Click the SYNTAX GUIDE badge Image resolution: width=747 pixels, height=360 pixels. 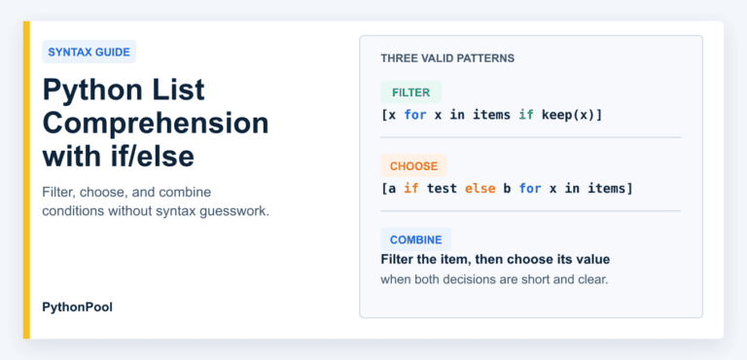[89, 52]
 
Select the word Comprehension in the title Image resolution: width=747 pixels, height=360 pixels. [156, 123]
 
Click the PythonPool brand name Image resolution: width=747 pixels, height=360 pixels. [78, 307]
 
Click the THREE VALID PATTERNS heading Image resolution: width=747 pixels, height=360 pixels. [447, 58]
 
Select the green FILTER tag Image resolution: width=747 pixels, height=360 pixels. [411, 92]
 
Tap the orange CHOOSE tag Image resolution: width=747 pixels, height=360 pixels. [413, 166]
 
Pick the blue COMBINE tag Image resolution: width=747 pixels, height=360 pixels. [416, 239]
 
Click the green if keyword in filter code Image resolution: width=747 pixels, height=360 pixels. [526, 115]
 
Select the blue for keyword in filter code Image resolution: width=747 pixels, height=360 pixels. [415, 116]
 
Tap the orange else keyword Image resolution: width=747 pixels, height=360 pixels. [480, 189]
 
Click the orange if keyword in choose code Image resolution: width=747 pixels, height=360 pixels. [411, 189]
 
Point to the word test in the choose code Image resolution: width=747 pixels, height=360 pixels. [443, 189]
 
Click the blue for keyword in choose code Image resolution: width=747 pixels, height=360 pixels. [530, 189]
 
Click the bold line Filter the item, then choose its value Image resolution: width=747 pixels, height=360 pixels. [495, 260]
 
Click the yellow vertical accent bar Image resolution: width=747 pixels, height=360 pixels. [26, 180]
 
